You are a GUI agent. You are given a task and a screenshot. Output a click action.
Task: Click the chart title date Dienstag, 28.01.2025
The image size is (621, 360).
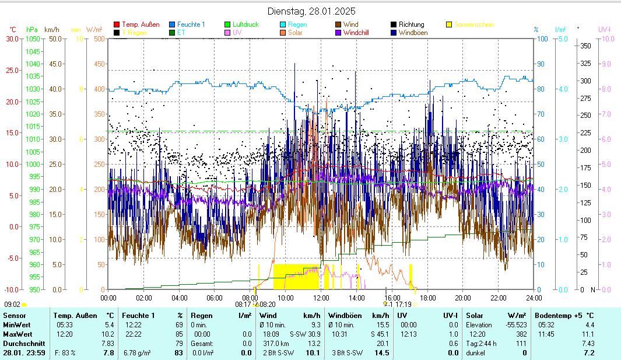(x=311, y=11)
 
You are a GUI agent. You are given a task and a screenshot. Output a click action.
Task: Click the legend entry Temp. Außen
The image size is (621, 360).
(x=141, y=25)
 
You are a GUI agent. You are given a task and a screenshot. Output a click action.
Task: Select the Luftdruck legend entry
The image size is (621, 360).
(x=245, y=25)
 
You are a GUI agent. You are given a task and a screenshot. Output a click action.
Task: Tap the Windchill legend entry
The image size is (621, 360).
(x=356, y=33)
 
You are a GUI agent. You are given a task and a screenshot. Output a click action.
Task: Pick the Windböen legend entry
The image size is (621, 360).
(x=414, y=33)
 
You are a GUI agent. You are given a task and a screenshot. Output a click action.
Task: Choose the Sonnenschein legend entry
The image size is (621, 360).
(x=474, y=25)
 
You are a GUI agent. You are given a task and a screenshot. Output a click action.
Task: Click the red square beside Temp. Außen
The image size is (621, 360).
(x=117, y=25)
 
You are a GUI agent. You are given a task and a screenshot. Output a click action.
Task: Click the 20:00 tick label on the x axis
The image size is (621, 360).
(x=462, y=298)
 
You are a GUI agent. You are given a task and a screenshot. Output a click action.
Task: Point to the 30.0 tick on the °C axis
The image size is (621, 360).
(x=12, y=39)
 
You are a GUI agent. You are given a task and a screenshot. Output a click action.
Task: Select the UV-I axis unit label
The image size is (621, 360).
(x=604, y=29)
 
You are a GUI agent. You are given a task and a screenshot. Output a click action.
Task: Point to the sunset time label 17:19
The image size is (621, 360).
(x=404, y=304)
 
